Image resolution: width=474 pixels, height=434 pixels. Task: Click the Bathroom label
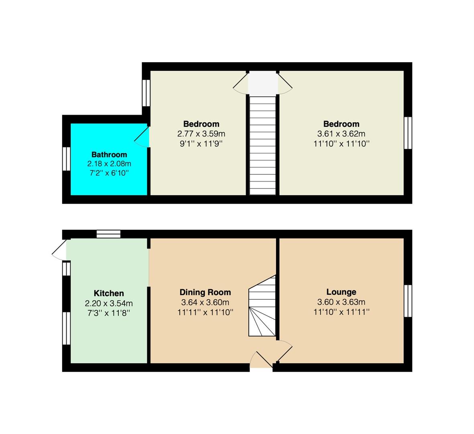pos(109,155)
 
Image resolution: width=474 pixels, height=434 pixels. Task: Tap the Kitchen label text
pos(109,293)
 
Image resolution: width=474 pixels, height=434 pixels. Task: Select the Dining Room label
pos(205,293)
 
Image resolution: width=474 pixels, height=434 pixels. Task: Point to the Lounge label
pos(341,292)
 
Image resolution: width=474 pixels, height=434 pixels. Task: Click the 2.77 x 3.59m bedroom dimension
pos(201,134)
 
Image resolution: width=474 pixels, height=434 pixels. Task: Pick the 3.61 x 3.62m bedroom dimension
pos(341,134)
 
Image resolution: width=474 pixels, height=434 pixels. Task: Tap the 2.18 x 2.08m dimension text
pos(109,164)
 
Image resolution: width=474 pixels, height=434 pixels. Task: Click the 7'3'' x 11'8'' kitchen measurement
pos(109,313)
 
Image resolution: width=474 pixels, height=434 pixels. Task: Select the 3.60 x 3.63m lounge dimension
pos(341,302)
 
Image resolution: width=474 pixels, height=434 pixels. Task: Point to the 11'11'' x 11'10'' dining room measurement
pos(205,312)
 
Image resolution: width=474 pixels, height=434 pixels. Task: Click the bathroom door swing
pos(142,137)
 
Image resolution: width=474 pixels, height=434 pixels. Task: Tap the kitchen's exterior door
pos(59,250)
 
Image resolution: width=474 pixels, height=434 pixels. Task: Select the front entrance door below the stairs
pos(261,360)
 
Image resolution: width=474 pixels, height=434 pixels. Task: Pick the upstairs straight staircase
pos(262,145)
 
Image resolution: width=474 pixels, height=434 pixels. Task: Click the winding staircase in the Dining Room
pos(262,306)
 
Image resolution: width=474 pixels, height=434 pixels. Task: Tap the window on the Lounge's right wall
pos(408,301)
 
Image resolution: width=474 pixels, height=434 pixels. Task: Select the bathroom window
pos(67,159)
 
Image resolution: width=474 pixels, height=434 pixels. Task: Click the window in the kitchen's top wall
pos(108,234)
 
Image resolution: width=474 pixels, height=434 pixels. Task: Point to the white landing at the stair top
pos(263,83)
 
